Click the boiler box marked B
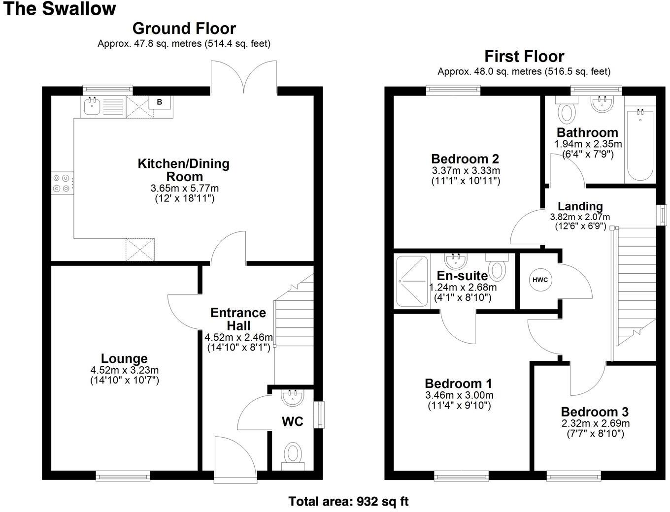(x=159, y=102)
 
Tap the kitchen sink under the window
(x=92, y=106)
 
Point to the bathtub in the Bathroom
(x=640, y=145)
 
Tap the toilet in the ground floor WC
(x=294, y=453)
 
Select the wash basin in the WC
(x=294, y=397)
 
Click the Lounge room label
(x=124, y=359)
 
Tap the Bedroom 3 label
(x=595, y=412)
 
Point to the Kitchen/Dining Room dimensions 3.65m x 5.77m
(x=184, y=188)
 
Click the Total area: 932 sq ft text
(x=348, y=502)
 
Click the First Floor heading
(x=524, y=56)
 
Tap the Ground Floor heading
(x=184, y=28)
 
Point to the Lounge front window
(x=123, y=475)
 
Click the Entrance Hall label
(x=238, y=319)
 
